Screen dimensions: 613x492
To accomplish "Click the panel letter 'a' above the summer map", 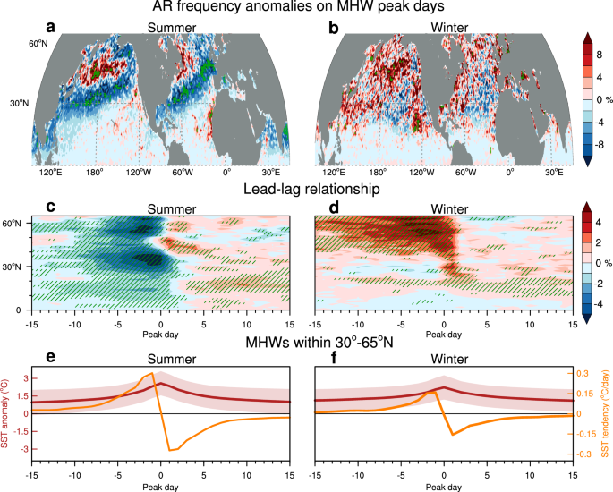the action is click(x=50, y=28).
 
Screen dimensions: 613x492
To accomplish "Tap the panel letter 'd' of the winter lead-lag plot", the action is click(x=334, y=208).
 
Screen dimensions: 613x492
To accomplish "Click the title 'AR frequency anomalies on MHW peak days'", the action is click(x=298, y=6).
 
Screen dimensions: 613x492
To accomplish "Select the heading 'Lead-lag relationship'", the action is click(x=311, y=189).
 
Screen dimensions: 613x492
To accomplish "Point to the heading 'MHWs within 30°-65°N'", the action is click(x=319, y=343).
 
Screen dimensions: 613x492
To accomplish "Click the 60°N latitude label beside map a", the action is click(x=38, y=43).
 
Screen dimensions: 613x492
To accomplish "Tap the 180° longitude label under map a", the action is click(x=94, y=173).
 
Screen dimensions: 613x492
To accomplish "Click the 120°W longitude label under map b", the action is click(x=421, y=173).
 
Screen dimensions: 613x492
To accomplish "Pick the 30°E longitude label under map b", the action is click(x=552, y=173).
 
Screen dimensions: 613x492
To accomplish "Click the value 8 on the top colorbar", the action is click(x=600, y=55).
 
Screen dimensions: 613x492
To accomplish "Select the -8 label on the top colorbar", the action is click(x=599, y=145).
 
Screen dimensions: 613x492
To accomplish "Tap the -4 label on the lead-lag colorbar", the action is click(x=599, y=304).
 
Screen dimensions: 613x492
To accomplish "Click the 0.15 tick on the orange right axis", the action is click(x=585, y=394).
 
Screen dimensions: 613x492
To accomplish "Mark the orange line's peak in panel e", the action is click(x=152, y=373).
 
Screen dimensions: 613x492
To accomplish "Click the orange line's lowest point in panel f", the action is click(x=453, y=435).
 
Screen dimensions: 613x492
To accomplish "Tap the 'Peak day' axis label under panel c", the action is click(x=160, y=335).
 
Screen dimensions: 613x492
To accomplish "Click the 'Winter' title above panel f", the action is click(x=449, y=359).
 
